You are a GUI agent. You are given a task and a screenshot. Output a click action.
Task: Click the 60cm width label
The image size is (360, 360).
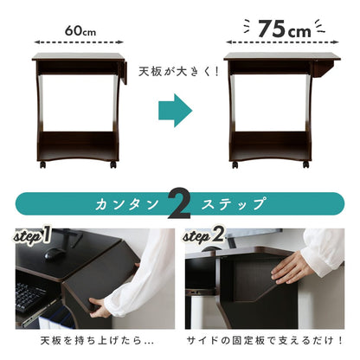pyautogui.click(x=80, y=30)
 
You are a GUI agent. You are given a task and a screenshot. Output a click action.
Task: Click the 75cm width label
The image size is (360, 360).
pyautogui.click(x=285, y=29)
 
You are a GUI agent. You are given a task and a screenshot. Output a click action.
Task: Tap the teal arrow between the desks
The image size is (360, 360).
pyautogui.click(x=176, y=110)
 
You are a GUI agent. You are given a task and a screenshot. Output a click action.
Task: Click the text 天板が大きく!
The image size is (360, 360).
pyautogui.click(x=179, y=72)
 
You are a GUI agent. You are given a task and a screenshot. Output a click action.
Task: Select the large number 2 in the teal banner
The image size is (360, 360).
pyautogui.click(x=179, y=203)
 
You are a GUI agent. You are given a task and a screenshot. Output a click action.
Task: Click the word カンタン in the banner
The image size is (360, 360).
pyautogui.click(x=127, y=204)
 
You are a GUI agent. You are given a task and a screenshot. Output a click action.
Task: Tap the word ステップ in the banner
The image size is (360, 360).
pyautogui.click(x=233, y=204)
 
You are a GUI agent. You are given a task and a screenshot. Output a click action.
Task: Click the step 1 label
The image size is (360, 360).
pyautogui.click(x=32, y=235)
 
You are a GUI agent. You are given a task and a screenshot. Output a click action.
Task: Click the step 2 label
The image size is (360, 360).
pyautogui.click(x=203, y=235)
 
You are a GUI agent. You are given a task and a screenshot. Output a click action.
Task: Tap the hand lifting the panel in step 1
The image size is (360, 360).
pyautogui.click(x=100, y=306)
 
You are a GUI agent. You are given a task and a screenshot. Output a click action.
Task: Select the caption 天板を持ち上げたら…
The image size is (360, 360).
pyautogui.click(x=97, y=341)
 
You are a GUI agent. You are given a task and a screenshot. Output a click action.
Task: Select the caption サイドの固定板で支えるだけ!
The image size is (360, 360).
pyautogui.click(x=265, y=341)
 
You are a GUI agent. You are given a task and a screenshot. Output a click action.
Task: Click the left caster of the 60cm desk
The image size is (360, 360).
pyautogui.click(x=42, y=164)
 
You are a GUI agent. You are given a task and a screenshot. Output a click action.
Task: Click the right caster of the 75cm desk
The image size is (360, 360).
pyautogui.click(x=305, y=164)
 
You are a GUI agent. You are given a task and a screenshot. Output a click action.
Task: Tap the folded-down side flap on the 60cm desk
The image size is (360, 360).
pyautogui.click(x=125, y=72)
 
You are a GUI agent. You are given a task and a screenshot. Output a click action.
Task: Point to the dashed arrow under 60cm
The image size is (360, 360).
pyautogui.click(x=79, y=42)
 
